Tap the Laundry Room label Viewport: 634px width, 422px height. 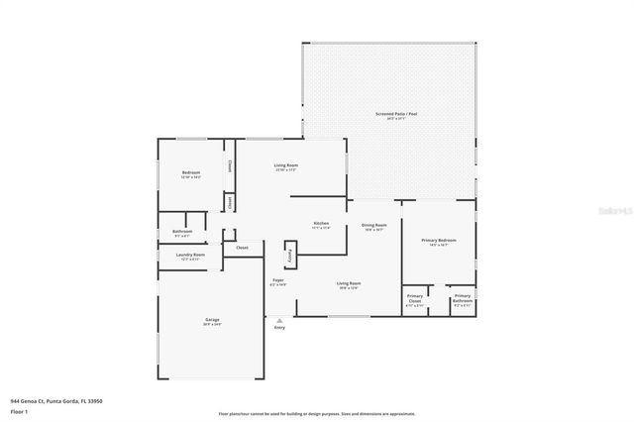pos(190,256)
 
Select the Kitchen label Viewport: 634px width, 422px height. pos(321,224)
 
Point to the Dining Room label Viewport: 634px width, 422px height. pos(373,225)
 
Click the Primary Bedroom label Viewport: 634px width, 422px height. pos(438,240)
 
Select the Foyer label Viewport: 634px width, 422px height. pos(279,281)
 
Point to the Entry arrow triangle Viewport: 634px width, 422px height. pos(280,320)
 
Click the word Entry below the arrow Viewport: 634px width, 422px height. pos(279,328)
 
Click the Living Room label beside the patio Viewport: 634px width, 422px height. pos(286,165)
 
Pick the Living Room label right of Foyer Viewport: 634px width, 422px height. pos(349,284)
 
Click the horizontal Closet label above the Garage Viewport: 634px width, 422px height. pos(242,248)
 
